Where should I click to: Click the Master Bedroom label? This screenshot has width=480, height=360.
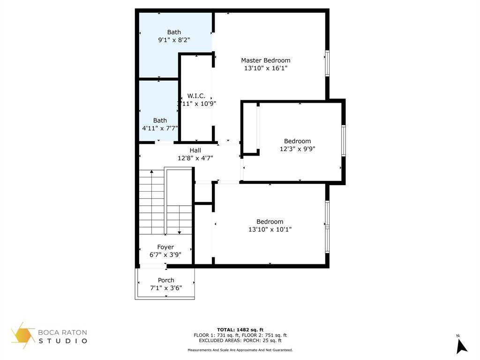(x=265, y=60)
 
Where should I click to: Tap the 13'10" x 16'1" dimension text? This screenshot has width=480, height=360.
(x=265, y=68)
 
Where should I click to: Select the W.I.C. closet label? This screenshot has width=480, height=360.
(x=196, y=96)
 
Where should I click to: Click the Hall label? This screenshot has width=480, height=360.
(x=195, y=150)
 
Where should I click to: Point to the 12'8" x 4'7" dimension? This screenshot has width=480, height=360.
(x=195, y=158)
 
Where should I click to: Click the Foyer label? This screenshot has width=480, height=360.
(x=165, y=247)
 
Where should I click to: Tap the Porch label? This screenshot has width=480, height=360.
(x=166, y=280)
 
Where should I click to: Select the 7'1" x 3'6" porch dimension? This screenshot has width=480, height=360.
(x=166, y=288)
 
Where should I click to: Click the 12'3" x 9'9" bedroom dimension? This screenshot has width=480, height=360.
(x=297, y=149)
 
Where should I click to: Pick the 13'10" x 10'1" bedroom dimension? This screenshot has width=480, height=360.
(x=270, y=230)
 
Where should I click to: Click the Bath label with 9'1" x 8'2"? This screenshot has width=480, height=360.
(x=174, y=32)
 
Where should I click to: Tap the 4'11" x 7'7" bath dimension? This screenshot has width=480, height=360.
(x=160, y=128)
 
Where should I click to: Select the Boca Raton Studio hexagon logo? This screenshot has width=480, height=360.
(x=23, y=336)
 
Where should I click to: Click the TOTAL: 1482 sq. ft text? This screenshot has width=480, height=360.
(x=240, y=330)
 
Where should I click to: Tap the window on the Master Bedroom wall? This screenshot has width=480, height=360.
(x=327, y=63)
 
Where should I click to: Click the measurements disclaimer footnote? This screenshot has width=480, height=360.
(x=240, y=350)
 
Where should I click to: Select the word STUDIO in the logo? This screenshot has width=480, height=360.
(x=63, y=341)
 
